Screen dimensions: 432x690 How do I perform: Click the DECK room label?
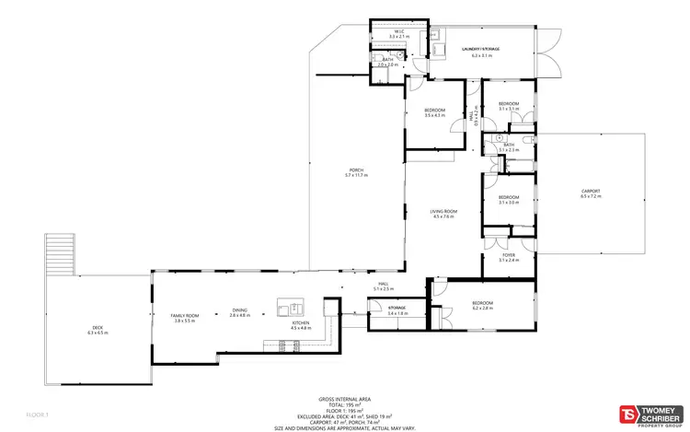[98, 327]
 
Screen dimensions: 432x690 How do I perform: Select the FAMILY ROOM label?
[185, 316]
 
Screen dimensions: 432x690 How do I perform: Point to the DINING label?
[239, 310]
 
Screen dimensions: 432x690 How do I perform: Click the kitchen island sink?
[293, 306]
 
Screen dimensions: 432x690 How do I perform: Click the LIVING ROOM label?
[443, 212]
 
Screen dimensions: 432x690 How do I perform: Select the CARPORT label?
[590, 191]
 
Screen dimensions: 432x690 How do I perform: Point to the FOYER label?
[508, 255]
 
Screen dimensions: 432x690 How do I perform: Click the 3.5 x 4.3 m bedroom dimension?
[434, 115]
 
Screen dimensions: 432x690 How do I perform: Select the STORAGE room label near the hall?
[397, 308]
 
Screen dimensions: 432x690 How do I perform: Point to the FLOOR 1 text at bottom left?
[36, 415]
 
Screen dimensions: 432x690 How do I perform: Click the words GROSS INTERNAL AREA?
[344, 400]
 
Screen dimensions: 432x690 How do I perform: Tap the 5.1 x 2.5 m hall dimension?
[384, 289]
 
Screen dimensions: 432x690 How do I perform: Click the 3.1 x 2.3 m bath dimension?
[509, 150]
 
